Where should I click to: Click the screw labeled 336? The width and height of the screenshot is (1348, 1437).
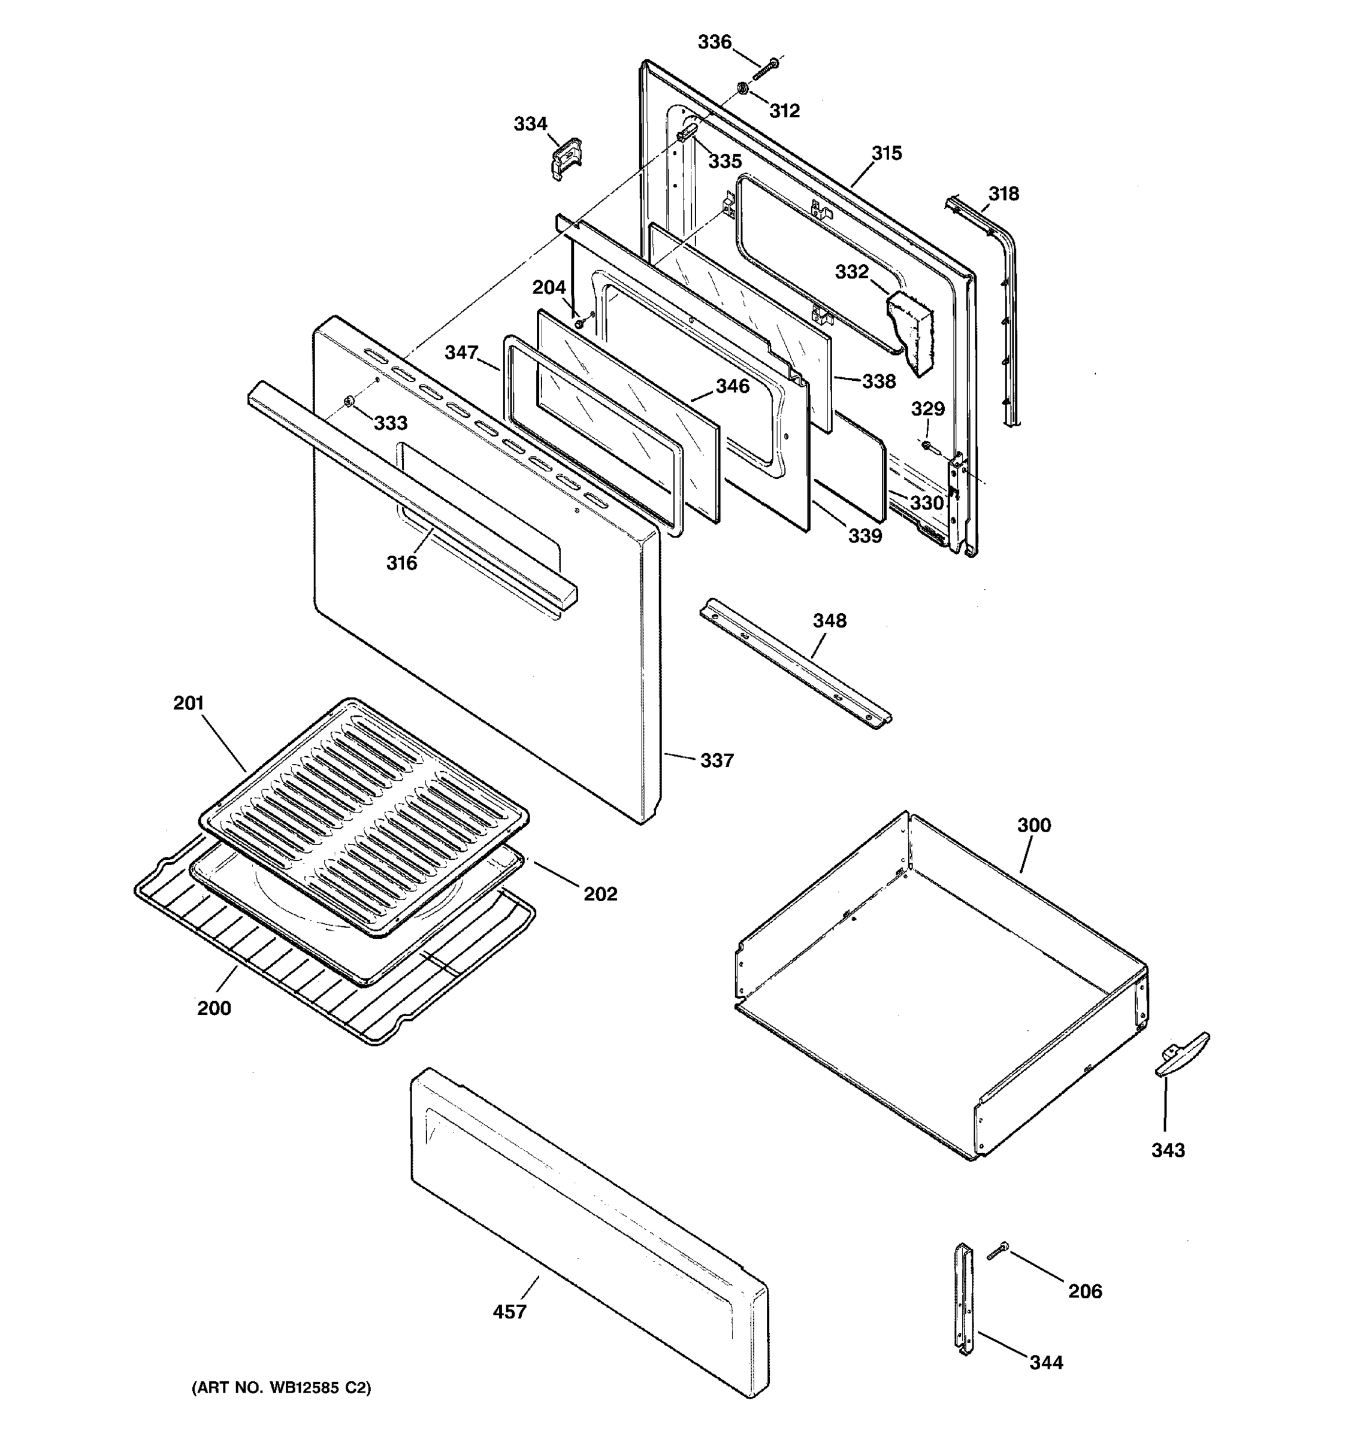coord(766,70)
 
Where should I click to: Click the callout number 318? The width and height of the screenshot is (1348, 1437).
coord(1004,194)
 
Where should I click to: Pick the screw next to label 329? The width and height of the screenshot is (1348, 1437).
coord(928,445)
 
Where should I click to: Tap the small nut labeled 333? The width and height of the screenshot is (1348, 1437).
coord(349,401)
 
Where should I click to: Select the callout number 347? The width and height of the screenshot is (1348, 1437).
coord(461,352)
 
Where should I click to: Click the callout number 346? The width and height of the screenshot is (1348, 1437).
coord(733,386)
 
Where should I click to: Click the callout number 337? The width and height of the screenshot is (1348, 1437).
coord(717,760)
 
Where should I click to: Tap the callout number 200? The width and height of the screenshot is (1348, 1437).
coord(214,1008)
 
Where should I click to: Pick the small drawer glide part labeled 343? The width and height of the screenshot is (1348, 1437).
coord(1181,1054)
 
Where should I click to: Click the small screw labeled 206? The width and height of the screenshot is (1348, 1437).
coord(998,1250)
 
